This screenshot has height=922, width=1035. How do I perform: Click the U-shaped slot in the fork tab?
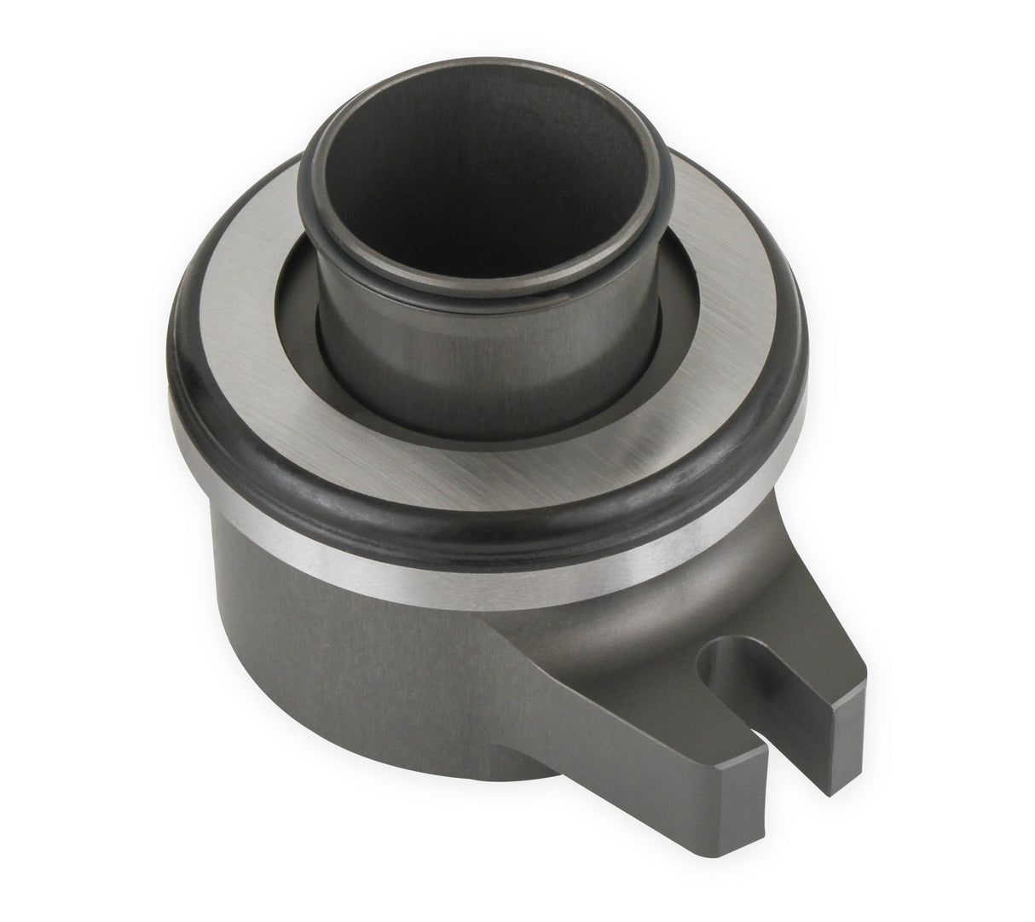(x=772, y=682)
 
